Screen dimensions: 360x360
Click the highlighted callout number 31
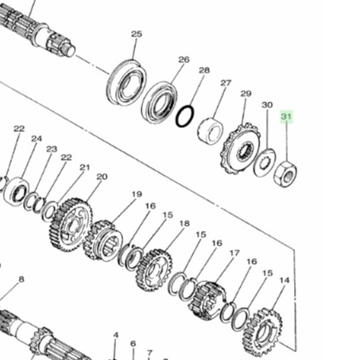point(286,117)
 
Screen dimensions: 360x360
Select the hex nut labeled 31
point(285,174)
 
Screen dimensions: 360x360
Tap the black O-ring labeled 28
point(184,116)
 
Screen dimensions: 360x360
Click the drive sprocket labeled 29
point(240,149)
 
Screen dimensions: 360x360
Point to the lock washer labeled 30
point(265,162)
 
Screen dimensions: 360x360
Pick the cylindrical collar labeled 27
point(211,131)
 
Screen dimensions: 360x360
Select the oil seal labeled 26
point(160,103)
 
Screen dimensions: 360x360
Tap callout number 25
point(137,34)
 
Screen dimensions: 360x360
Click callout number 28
point(204,70)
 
